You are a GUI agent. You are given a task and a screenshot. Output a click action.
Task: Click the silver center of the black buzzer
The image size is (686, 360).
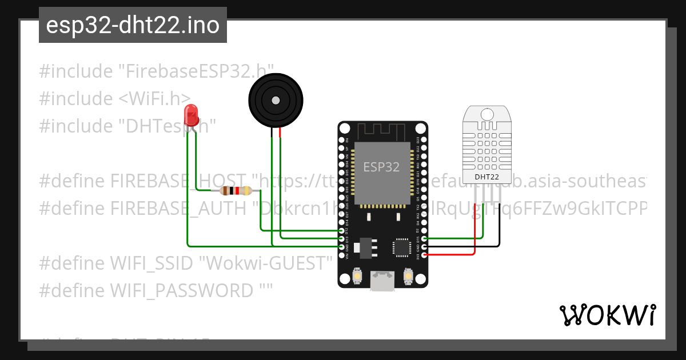(276, 101)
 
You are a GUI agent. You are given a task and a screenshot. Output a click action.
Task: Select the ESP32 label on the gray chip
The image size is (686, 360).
(381, 167)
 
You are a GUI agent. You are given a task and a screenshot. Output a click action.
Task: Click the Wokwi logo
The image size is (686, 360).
(608, 315)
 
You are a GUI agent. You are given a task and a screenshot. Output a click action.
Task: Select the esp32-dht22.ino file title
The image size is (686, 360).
(133, 25)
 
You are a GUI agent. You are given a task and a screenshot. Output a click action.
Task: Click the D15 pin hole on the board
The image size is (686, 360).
(424, 239)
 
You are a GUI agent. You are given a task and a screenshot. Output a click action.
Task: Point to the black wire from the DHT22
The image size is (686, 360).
(500, 229)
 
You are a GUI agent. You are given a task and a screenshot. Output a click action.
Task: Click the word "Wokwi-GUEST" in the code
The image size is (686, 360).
(269, 263)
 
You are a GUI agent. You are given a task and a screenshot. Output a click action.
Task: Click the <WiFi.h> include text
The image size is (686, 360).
(154, 98)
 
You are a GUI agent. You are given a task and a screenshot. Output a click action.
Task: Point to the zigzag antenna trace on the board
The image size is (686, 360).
(382, 131)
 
